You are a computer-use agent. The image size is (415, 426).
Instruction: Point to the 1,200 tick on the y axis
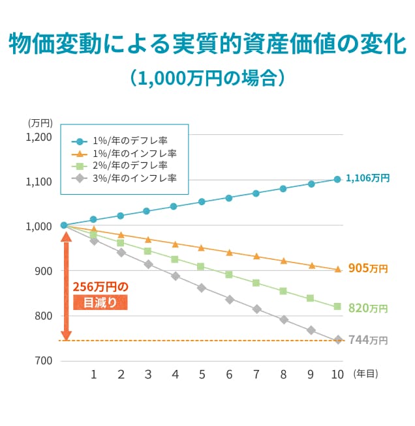coord(38,137)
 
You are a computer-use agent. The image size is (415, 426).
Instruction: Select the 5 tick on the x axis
coord(202,375)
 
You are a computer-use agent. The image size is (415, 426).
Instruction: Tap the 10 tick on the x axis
coord(337,375)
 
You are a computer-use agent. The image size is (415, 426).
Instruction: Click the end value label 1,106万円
coord(367,178)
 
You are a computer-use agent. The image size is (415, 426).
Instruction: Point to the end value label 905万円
coord(368,268)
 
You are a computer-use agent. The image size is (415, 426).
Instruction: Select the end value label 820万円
coord(368,308)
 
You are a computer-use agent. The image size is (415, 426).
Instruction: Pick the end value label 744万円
coord(368,340)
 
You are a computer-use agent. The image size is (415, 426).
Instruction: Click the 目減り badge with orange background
coord(100,302)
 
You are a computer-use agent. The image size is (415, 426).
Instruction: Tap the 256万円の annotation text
coord(100,287)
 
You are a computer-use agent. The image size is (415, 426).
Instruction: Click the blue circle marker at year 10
coord(337,179)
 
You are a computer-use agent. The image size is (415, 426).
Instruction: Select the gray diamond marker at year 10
coord(338,340)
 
